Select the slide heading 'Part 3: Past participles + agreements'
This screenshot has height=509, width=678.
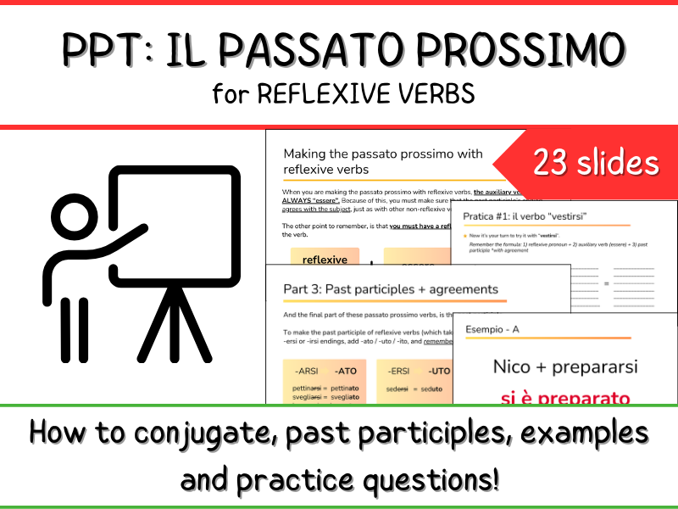click(391, 289)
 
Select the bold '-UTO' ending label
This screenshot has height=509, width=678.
click(438, 371)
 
